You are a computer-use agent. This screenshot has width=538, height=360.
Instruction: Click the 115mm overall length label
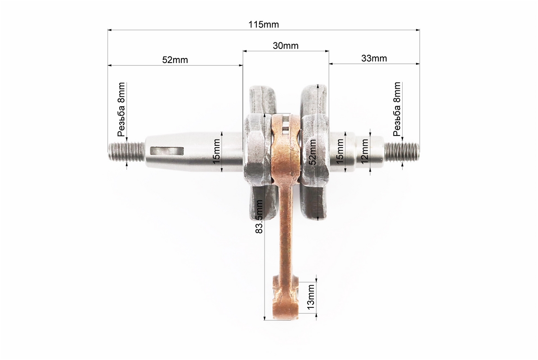coord(264,25)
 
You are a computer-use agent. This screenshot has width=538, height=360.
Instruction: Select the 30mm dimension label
coord(286,45)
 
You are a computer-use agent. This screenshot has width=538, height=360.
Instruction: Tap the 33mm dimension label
coord(374,58)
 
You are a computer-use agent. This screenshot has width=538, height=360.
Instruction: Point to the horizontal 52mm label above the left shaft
coord(175,60)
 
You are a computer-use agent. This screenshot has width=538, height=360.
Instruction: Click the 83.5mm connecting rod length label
coord(260,217)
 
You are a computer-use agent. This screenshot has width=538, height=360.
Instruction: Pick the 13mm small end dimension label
coord(310,297)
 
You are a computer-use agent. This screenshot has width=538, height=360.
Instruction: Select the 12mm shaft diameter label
coord(364,151)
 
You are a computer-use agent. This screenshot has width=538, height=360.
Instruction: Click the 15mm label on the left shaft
coord(216,151)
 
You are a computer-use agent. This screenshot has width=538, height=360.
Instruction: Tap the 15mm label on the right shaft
coord(340,151)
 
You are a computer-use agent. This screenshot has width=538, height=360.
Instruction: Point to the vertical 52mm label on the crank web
coord(313,152)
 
